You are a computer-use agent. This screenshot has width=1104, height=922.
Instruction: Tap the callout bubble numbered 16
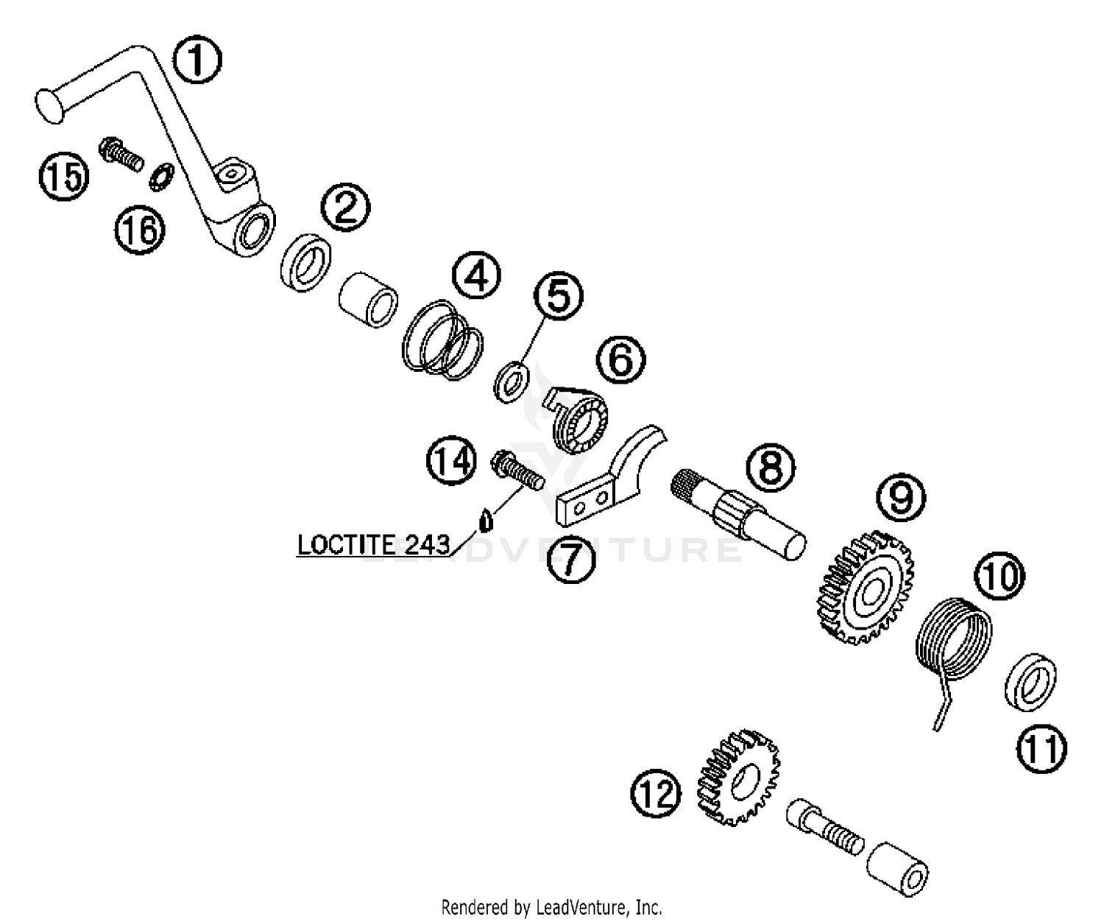pos(139,230)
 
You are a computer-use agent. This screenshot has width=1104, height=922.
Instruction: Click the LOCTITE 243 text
pos(373,545)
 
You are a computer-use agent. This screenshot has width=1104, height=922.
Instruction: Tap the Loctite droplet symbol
pos(484,521)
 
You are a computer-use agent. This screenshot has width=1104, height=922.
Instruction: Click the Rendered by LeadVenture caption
pos(551,907)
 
